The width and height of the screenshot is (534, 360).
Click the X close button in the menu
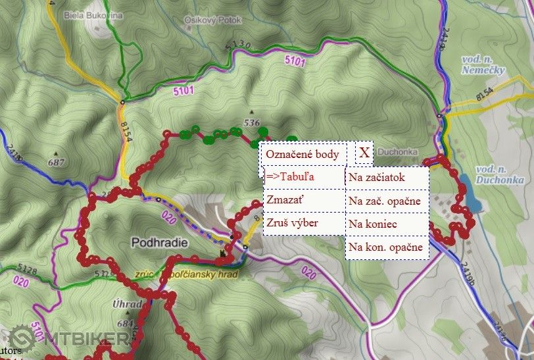point(364,152)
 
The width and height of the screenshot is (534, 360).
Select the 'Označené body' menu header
point(303,155)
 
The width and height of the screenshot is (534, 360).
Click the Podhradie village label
point(160,242)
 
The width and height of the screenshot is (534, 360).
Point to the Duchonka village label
point(399,151)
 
